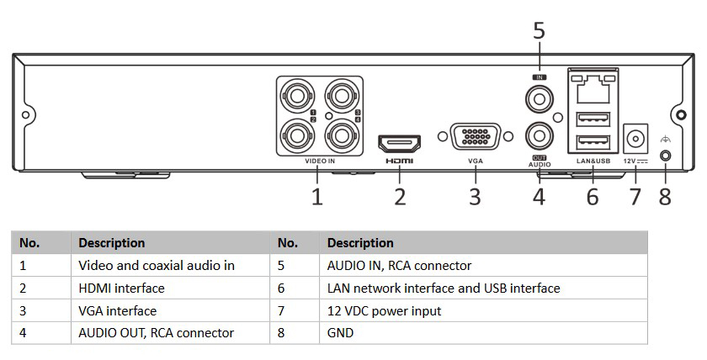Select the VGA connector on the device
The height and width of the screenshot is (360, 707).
tap(476, 137)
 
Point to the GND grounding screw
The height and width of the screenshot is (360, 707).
tap(667, 156)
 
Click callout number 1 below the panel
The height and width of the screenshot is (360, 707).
tap(316, 197)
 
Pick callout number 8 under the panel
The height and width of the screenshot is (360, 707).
tap(666, 197)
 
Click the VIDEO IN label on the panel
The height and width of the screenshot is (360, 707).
tap(320, 160)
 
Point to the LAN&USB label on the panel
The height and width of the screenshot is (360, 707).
tap(593, 160)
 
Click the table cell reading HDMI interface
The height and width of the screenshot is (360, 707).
tap(121, 289)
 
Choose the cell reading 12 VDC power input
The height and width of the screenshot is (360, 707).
tap(384, 311)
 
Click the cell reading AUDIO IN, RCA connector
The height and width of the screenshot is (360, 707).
tap(399, 266)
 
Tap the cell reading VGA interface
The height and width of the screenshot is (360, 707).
tap(118, 311)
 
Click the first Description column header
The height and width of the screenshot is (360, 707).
tap(111, 243)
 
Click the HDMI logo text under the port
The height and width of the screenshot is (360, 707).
tap(399, 160)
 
